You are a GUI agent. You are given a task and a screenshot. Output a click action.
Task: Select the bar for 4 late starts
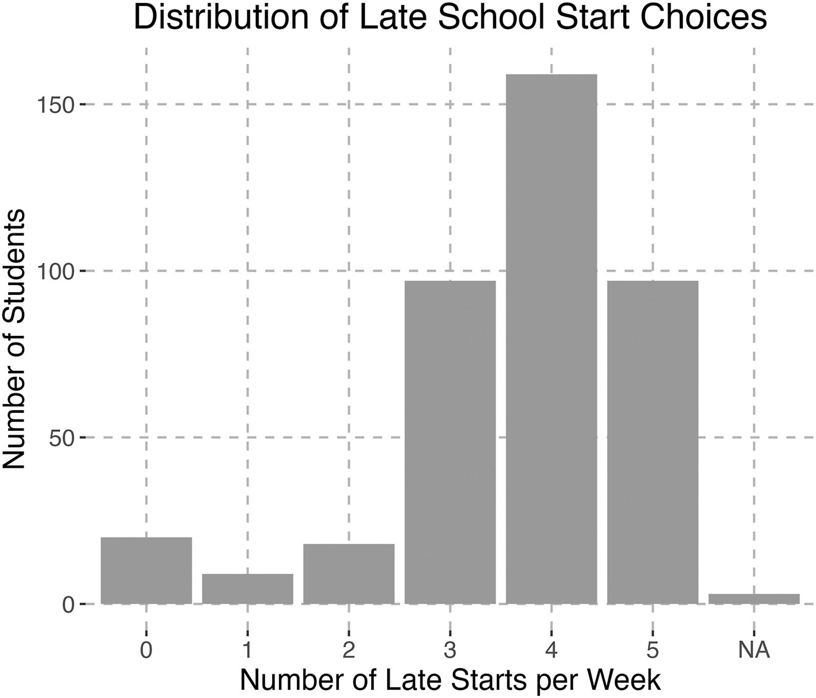(551, 338)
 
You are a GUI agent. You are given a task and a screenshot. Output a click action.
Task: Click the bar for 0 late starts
(146, 570)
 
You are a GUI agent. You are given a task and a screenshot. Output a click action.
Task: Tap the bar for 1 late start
(248, 589)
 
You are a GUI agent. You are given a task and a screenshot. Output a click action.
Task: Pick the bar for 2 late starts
(349, 573)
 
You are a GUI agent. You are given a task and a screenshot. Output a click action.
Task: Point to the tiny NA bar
(754, 599)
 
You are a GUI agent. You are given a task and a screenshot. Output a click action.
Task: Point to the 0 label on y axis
(68, 605)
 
